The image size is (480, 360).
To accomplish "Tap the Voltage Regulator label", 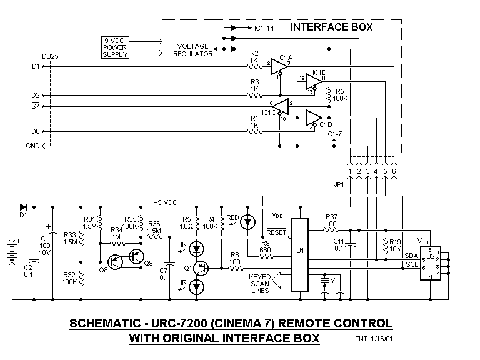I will pos(194,50).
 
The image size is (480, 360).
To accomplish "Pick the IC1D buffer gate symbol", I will pos(314,82).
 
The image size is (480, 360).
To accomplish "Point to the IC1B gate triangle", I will pos(314,117).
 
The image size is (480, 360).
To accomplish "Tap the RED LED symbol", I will pos(249,222).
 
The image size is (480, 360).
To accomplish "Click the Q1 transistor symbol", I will pos(201,268).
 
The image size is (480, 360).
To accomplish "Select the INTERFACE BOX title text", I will pos(331,27).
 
